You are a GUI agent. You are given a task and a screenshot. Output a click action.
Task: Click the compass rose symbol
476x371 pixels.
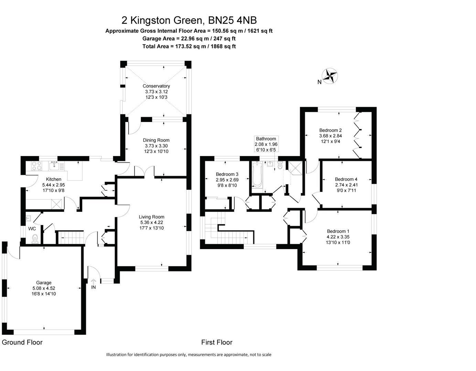(330, 76)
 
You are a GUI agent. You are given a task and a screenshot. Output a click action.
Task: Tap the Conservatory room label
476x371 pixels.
(156, 86)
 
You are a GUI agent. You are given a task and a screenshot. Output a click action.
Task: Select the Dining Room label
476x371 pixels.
(156, 140)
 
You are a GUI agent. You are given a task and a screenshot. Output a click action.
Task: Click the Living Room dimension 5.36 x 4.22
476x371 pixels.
(151, 222)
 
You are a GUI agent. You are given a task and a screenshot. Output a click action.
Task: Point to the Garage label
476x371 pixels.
(44, 283)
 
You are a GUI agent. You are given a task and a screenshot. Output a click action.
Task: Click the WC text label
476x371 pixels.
(32, 228)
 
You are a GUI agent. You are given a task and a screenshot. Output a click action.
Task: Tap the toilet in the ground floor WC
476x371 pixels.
(34, 239)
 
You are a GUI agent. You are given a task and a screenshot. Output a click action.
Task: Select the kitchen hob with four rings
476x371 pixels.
(36, 166)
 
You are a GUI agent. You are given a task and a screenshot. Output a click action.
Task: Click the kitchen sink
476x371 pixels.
(54, 166)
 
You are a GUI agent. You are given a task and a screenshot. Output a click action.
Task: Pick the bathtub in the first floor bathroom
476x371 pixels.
(257, 175)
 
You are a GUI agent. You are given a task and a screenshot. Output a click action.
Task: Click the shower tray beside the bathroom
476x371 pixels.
(295, 167)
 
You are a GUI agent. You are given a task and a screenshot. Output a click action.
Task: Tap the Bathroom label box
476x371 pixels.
(266, 144)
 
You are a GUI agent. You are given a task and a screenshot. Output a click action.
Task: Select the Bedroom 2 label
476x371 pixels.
(330, 130)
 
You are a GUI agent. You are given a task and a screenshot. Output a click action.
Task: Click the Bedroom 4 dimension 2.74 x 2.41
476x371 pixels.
(346, 185)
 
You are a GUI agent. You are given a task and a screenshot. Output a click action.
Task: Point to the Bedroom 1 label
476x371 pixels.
(338, 231)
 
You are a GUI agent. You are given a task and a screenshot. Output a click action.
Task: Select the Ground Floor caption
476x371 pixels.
(22, 342)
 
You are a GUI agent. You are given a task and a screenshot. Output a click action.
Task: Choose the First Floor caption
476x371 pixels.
(217, 342)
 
